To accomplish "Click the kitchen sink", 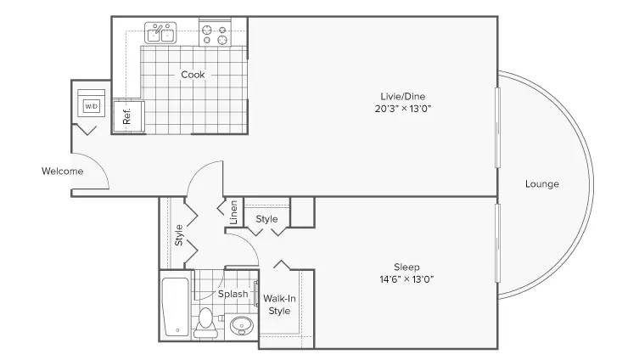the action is tap(160, 32).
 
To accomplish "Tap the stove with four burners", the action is tap(215, 34).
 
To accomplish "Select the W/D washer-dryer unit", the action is tap(92, 103).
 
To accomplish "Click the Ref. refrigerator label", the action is tap(126, 116).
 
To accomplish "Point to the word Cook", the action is tap(193, 75).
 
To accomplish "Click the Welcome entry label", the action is tap(62, 172).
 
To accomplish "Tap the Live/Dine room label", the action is tap(402, 97).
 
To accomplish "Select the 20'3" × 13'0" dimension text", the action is tap(402, 109).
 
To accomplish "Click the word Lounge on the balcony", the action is tap(541, 184).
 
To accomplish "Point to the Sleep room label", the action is tap(406, 267).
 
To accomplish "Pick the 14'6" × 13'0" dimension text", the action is tap(406, 279).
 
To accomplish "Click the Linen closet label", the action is tap(233, 212).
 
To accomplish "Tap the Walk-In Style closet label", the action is tap(279, 305).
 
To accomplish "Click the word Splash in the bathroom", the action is tap(233, 294).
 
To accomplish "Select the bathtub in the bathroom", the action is tap(175, 307).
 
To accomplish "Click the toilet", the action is tap(206, 323).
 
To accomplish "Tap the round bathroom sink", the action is tap(241, 326).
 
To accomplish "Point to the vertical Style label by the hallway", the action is tap(178, 235).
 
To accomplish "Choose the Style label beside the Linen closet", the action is tap(266, 219).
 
